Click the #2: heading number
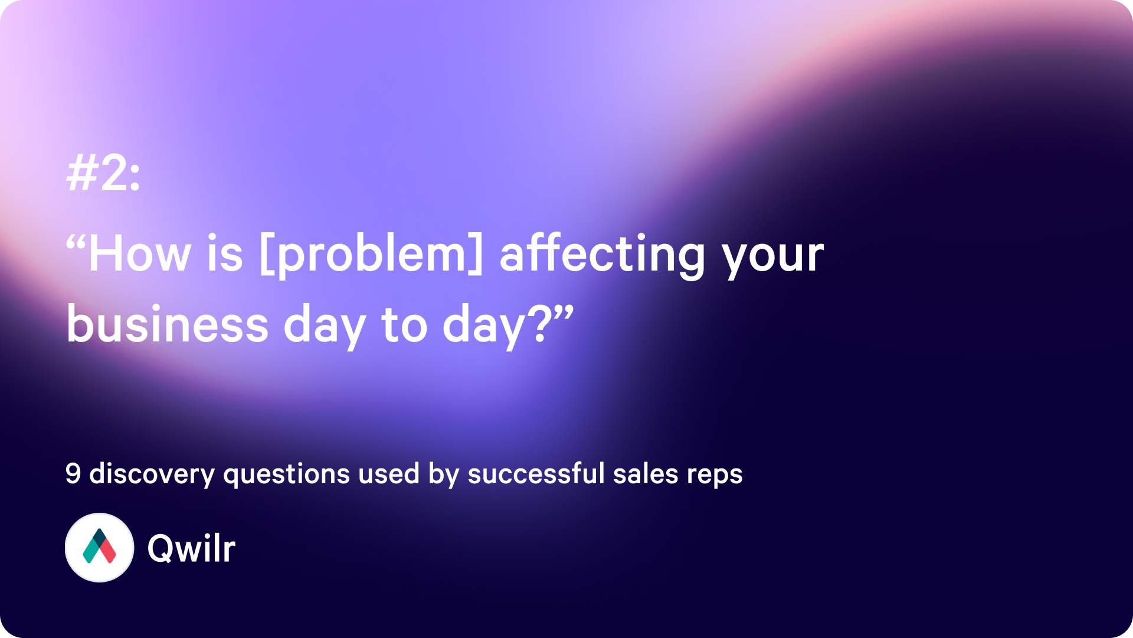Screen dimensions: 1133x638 [x=104, y=174]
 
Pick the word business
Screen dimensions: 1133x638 [x=168, y=324]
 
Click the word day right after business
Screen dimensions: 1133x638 [x=325, y=326]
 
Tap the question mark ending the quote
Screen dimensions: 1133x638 [x=542, y=324]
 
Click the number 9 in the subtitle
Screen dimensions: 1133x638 [x=73, y=474]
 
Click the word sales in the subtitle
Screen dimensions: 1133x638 [x=646, y=474]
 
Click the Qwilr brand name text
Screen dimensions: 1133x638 [x=191, y=548]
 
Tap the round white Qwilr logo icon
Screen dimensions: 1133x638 [x=99, y=548]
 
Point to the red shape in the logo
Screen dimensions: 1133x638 [x=107, y=551]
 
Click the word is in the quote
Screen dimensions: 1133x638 [x=225, y=254]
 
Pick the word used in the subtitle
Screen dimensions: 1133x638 [x=389, y=474]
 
